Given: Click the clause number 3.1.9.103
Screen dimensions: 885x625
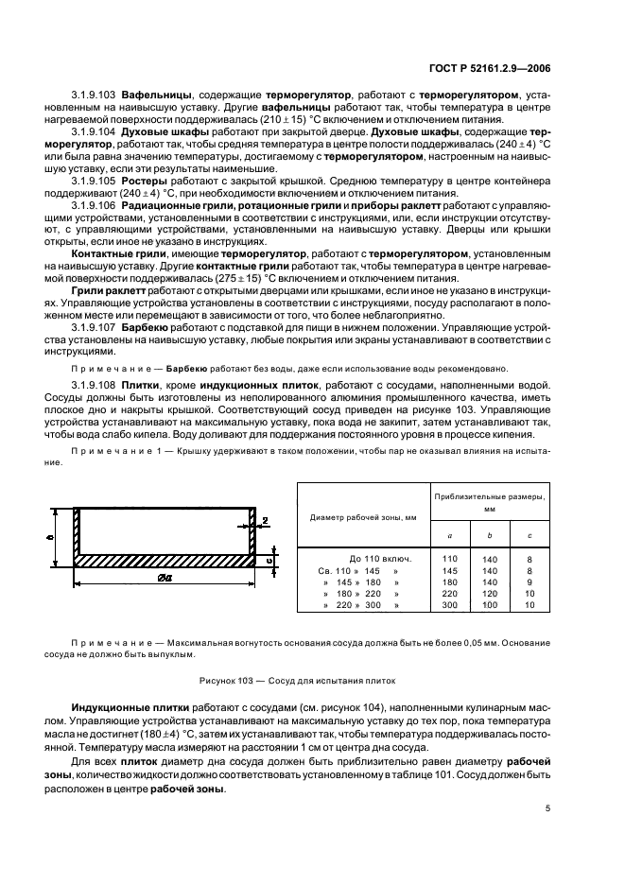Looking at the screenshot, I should click(x=95, y=95).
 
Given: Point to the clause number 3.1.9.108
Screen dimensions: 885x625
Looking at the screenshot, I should click(x=95, y=386).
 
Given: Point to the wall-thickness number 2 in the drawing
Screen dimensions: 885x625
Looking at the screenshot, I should click(x=267, y=520).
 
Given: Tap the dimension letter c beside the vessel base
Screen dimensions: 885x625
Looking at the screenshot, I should click(x=268, y=560).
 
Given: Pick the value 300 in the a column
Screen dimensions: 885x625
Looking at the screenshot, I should click(x=449, y=604).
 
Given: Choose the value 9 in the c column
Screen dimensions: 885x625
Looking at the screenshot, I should click(x=530, y=581).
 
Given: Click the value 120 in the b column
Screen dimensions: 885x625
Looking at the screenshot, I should click(x=489, y=593).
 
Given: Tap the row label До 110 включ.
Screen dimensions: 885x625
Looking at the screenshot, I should click(x=369, y=559).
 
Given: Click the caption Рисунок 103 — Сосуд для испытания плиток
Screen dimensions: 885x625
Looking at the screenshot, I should click(x=297, y=679).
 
